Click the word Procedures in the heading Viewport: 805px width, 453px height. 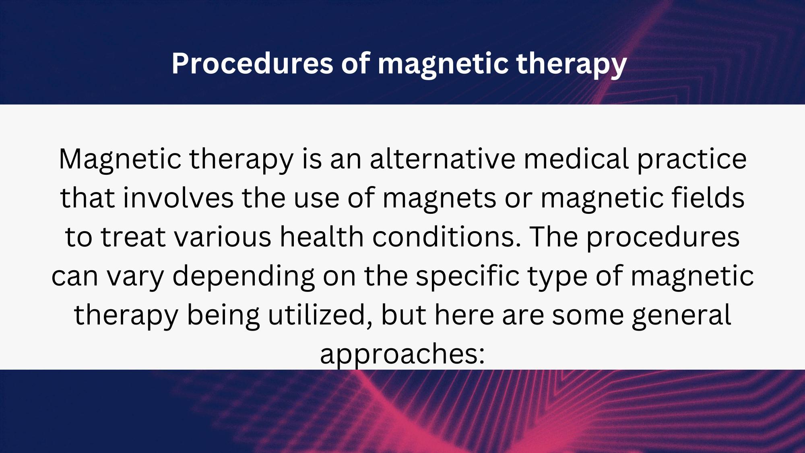(x=252, y=63)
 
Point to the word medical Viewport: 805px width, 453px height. (x=576, y=159)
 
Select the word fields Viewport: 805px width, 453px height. (x=708, y=198)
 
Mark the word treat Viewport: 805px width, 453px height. (x=133, y=237)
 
